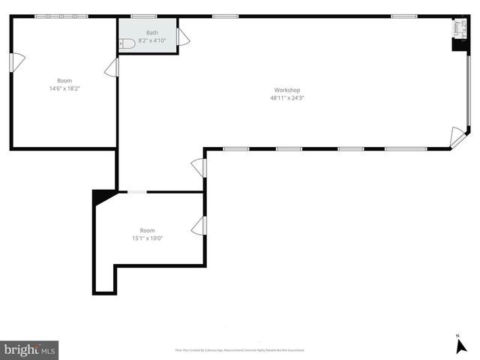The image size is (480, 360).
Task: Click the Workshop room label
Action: pyautogui.click(x=286, y=90)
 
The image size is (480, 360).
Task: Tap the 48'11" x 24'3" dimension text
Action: pyautogui.click(x=286, y=97)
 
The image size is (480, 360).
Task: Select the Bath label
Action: pyautogui.click(x=152, y=32)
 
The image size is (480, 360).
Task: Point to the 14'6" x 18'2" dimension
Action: pyautogui.click(x=65, y=88)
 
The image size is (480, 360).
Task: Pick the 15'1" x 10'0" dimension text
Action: pyautogui.click(x=147, y=238)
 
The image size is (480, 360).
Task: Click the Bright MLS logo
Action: pyautogui.click(x=29, y=349)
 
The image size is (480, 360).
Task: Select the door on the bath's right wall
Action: pyautogui.click(x=183, y=37)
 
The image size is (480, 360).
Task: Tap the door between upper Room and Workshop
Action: pyautogui.click(x=112, y=68)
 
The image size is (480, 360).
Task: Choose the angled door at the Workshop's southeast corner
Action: pyautogui.click(x=457, y=137)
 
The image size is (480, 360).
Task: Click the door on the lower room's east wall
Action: pyautogui.click(x=199, y=226)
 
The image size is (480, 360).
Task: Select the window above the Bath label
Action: pyautogui.click(x=143, y=16)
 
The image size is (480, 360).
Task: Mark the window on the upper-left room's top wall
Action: pyautogui.click(x=61, y=16)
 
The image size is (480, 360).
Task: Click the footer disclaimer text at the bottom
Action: pyautogui.click(x=239, y=350)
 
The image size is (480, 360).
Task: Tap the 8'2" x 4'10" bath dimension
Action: pyautogui.click(x=152, y=40)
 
